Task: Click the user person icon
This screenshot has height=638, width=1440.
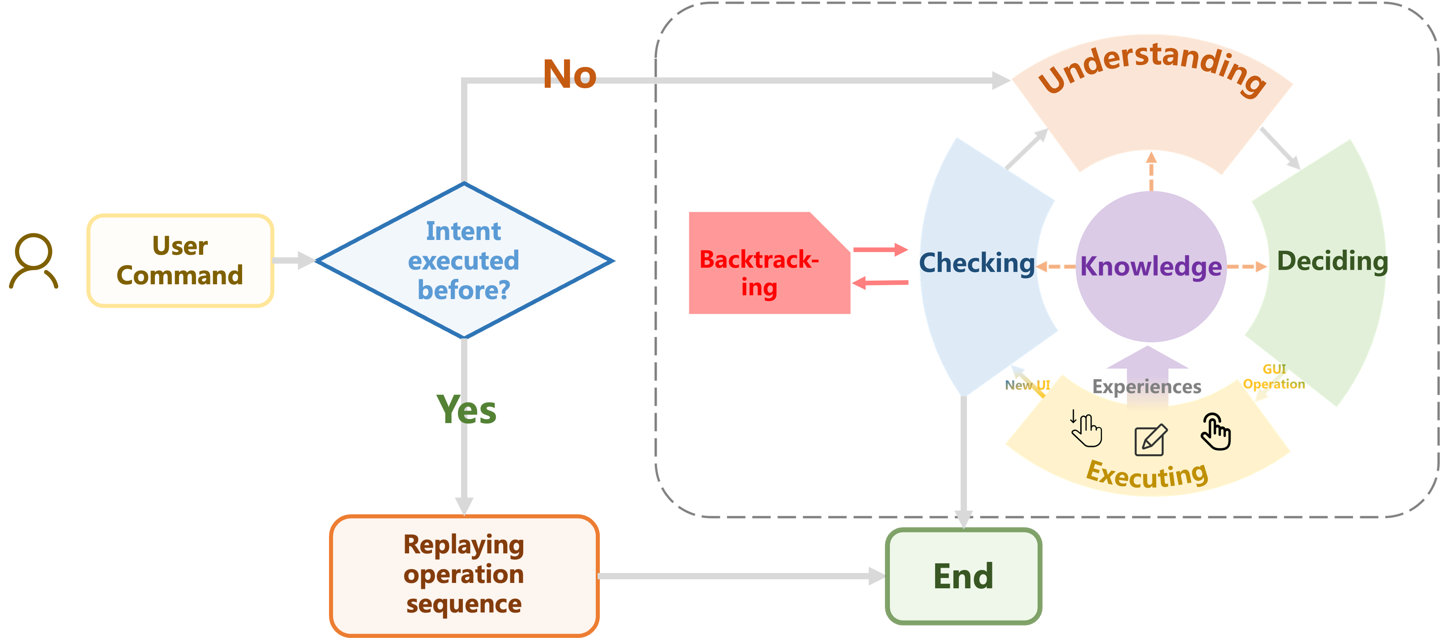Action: (34, 261)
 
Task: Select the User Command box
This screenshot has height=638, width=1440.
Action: (180, 261)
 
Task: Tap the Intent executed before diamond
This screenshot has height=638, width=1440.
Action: (464, 261)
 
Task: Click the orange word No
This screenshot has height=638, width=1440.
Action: (570, 74)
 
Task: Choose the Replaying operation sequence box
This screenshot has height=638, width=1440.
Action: (464, 575)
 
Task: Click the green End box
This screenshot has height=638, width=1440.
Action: (963, 576)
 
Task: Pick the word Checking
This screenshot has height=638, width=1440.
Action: (977, 263)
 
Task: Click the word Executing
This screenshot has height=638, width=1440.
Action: (1147, 475)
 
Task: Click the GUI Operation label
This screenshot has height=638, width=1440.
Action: (1274, 377)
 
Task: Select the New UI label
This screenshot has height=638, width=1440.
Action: (1027, 385)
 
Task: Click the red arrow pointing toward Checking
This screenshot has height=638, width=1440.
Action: (880, 250)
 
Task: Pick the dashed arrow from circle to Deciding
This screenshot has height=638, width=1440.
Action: (1247, 267)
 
